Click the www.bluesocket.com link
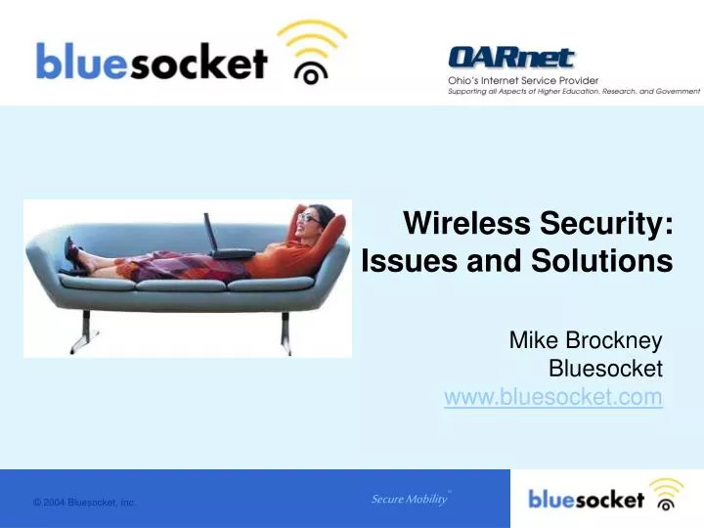point(553,397)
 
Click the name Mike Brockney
point(586,340)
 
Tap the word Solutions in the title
point(602,260)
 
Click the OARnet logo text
point(511,58)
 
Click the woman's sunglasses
point(310,218)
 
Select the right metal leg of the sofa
point(286,332)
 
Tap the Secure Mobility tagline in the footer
point(410,499)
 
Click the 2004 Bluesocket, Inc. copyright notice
point(84,503)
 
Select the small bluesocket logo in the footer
point(605,496)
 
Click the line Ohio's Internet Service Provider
point(523,81)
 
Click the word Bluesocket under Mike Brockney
point(605,369)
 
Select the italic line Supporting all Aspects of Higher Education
point(574,92)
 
